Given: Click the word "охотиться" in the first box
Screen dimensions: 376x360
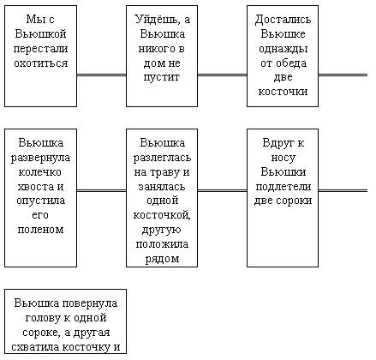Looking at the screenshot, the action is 41,63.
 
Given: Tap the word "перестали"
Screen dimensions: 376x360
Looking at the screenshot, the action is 40,49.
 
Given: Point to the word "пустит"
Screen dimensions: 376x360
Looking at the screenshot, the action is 162,77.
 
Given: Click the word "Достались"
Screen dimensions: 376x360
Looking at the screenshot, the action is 283,20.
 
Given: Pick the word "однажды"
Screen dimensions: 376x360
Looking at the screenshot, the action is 283,49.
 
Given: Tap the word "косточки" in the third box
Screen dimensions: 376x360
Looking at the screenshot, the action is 283,92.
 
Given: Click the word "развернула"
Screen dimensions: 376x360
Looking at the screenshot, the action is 40,158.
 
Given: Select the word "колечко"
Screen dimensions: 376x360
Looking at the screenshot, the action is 40,172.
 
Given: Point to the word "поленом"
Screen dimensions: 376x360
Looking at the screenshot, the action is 40,230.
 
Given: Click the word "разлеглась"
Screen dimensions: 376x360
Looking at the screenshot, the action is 162,158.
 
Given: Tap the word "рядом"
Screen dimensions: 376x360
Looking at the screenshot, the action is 162,259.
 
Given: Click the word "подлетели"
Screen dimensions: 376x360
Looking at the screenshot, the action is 283,187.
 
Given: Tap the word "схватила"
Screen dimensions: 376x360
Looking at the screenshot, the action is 35,347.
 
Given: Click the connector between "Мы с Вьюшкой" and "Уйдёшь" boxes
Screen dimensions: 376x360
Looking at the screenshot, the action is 101,75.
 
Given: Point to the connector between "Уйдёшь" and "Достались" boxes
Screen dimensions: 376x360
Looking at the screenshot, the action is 222,75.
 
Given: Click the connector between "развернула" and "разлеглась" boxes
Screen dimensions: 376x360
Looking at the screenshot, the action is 101,190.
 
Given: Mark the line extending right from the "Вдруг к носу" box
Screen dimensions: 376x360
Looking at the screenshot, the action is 343,190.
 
